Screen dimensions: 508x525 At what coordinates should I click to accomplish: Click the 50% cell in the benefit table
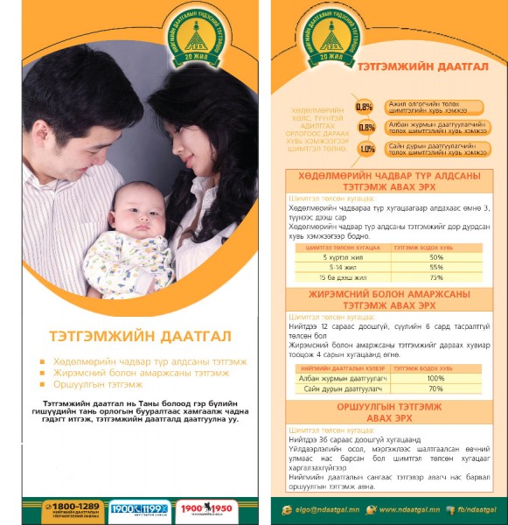(x=436, y=257)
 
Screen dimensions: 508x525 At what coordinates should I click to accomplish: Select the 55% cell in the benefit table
(x=436, y=267)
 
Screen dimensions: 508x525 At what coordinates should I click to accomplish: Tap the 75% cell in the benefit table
(x=436, y=277)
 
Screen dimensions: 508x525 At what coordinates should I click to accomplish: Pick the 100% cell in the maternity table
(x=435, y=378)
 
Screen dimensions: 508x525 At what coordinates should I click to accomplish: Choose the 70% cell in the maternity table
(x=435, y=388)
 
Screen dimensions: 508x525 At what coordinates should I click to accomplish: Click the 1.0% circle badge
(x=366, y=149)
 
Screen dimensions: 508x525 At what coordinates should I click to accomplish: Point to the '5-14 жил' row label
(x=338, y=267)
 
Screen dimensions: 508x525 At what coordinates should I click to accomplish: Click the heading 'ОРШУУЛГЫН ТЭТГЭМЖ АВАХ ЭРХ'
(x=389, y=413)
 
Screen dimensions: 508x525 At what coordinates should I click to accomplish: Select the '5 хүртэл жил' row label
(x=338, y=257)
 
